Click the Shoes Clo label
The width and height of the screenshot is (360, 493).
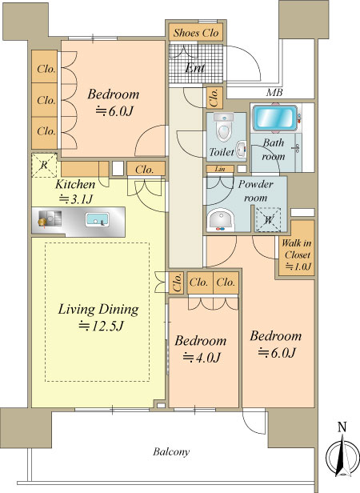(196, 33)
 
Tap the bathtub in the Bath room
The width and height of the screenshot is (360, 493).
(274, 118)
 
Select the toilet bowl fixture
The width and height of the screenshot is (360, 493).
(223, 127)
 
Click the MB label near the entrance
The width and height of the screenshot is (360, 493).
(274, 93)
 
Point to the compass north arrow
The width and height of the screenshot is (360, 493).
(342, 456)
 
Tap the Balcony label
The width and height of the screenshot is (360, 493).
(171, 452)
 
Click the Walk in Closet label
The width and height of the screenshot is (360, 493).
(297, 255)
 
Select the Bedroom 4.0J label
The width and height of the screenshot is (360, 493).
(201, 349)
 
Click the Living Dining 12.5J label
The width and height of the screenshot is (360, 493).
(98, 317)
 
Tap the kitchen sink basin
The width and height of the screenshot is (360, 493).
(97, 219)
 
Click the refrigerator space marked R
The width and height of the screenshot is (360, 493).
(44, 166)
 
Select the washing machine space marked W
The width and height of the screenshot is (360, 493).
(268, 220)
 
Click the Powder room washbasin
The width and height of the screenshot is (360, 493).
(221, 220)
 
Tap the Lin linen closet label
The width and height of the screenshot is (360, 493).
(220, 169)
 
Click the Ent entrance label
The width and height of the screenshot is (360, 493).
(195, 67)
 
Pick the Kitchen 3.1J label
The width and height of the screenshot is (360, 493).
(75, 191)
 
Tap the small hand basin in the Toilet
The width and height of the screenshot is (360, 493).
(241, 150)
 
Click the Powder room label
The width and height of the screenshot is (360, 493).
(256, 190)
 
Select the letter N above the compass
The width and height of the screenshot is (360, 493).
(342, 427)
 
